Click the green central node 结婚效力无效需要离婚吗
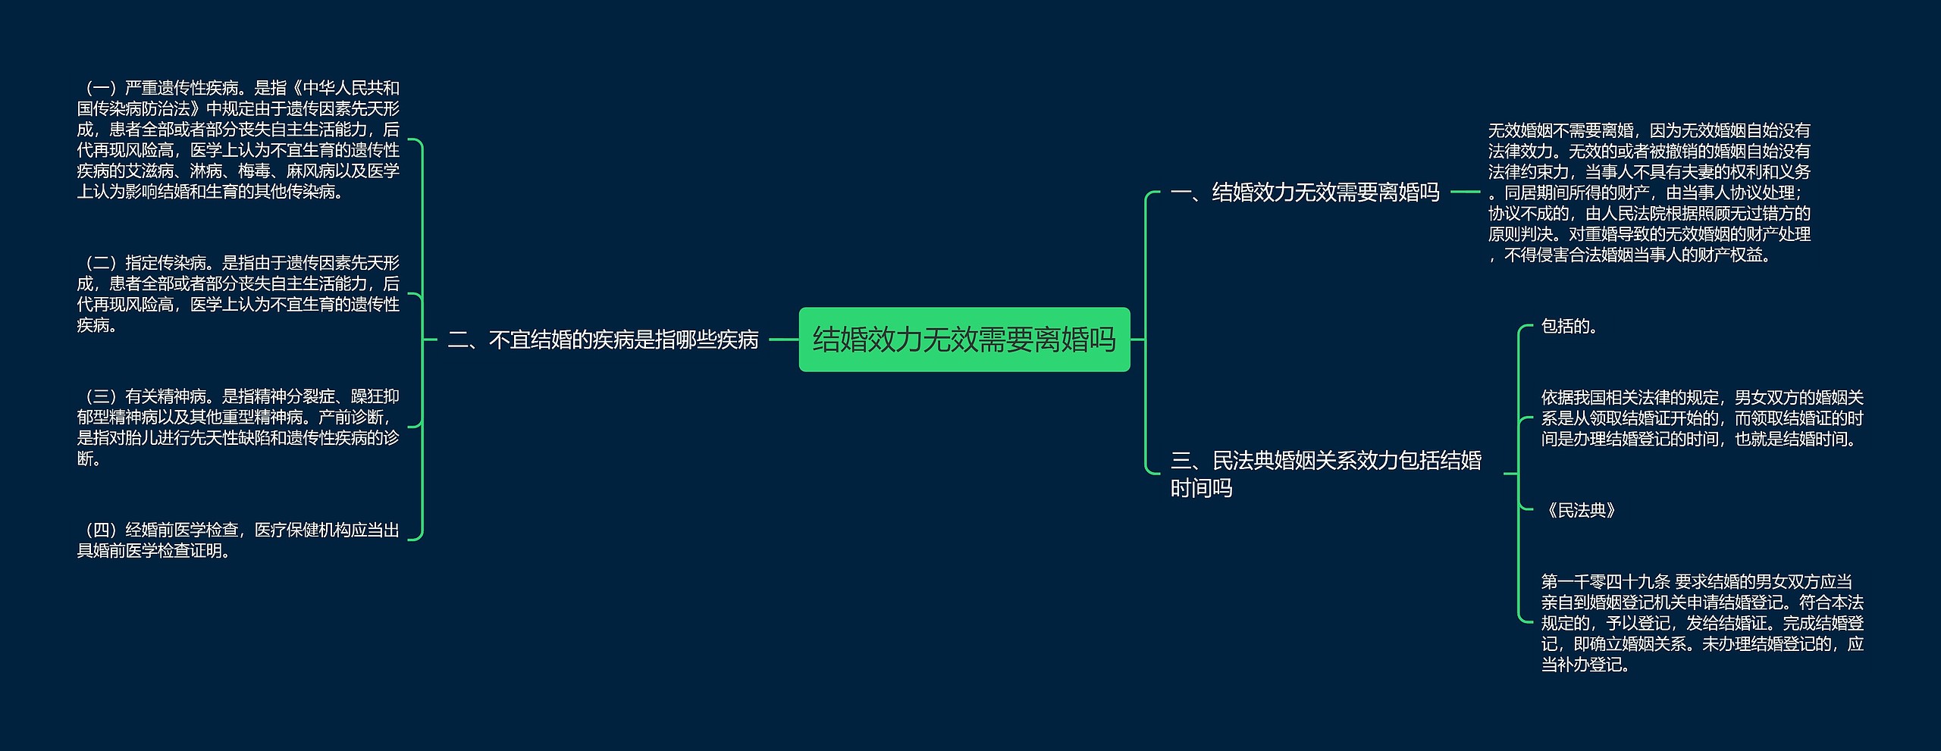tap(964, 340)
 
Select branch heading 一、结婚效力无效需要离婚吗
tap(1304, 192)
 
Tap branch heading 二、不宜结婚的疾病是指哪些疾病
tap(603, 340)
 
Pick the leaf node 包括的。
tap(1569, 327)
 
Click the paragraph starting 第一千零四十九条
tap(1701, 623)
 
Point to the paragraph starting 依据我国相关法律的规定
tap(1701, 418)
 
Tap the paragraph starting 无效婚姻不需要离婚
tap(1648, 192)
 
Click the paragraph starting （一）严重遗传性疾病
tap(238, 139)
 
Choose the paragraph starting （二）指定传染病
tap(238, 294)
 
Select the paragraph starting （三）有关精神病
tap(238, 427)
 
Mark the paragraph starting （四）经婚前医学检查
tap(238, 540)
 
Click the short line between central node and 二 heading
tap(783, 340)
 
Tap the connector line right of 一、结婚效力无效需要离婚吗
tap(1465, 192)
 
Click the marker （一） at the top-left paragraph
tap(100, 88)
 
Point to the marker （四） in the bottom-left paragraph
tap(100, 530)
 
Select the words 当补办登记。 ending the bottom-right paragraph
tap(1585, 665)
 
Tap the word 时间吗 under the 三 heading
tap(1201, 488)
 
